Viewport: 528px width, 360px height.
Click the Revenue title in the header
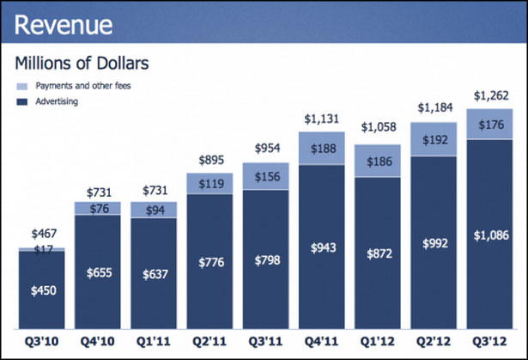click(62, 24)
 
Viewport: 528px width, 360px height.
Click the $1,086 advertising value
click(489, 235)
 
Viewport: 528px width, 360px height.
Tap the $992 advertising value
click(433, 243)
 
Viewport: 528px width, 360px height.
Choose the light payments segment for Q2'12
click(433, 139)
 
